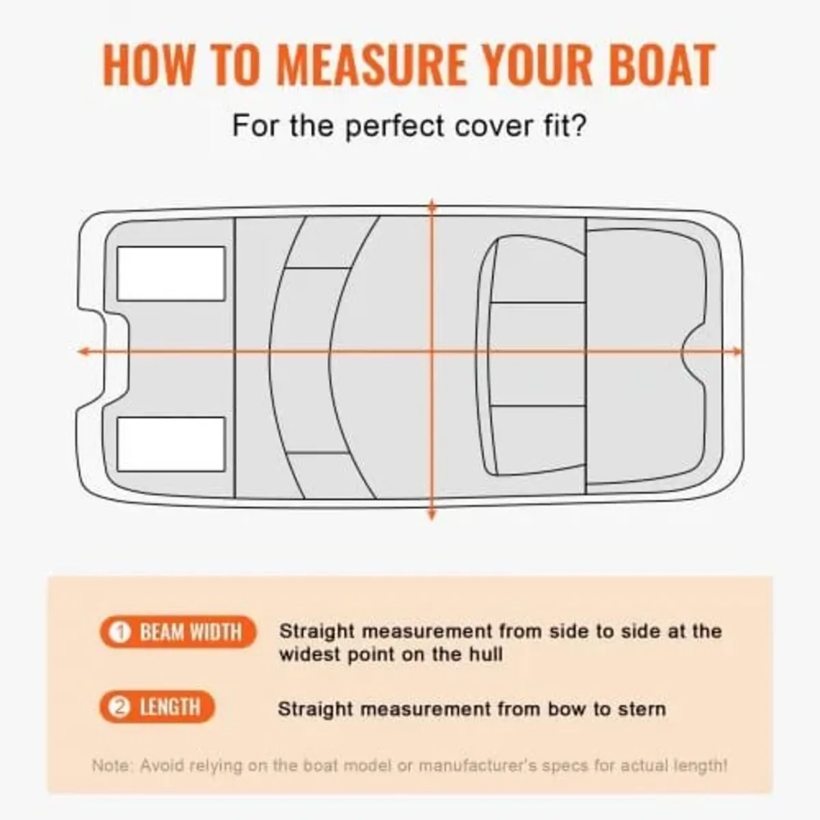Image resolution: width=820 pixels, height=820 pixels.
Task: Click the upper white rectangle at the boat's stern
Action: (171, 273)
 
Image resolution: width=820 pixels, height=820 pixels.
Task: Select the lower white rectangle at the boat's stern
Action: (171, 444)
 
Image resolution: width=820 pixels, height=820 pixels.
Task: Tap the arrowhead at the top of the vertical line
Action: (431, 204)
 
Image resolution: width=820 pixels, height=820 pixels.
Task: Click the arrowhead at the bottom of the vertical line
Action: (431, 515)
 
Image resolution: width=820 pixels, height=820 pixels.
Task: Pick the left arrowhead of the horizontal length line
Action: (83, 351)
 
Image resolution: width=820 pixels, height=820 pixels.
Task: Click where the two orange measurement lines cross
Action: (431, 351)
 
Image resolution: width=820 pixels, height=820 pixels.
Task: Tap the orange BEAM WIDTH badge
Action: (178, 632)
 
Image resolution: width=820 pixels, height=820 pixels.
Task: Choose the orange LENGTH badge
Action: (157, 707)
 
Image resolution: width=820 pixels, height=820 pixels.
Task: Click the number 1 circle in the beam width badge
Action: (120, 633)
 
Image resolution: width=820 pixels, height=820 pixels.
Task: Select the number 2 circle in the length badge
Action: (120, 708)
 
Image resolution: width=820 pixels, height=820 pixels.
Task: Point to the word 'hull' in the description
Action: (486, 655)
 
